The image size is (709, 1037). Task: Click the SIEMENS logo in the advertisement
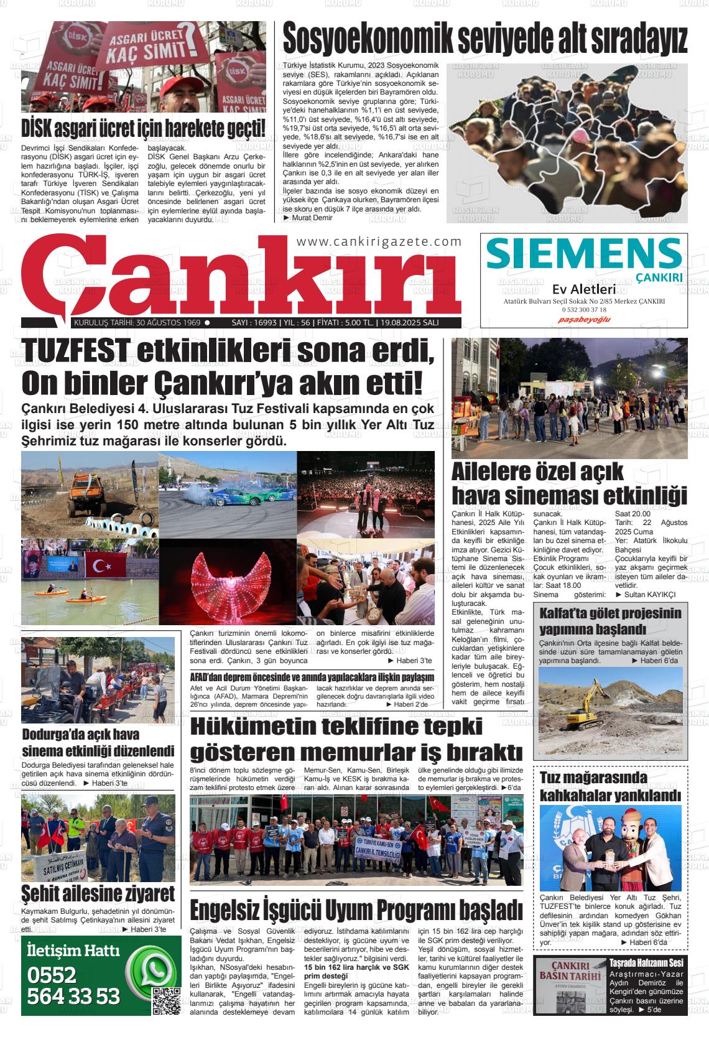[x=583, y=254]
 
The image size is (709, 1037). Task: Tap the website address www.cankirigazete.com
[x=379, y=241]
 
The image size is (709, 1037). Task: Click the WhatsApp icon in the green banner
[x=150, y=972]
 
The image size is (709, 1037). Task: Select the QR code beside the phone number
[x=166, y=1001]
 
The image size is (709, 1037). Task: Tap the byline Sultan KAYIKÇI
[x=650, y=594]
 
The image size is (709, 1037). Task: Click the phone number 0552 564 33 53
[x=73, y=985]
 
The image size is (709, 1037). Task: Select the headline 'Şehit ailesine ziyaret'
[x=98, y=894]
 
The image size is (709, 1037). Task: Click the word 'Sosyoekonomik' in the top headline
[x=368, y=39]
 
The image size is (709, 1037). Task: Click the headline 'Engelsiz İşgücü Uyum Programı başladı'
[x=356, y=909]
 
